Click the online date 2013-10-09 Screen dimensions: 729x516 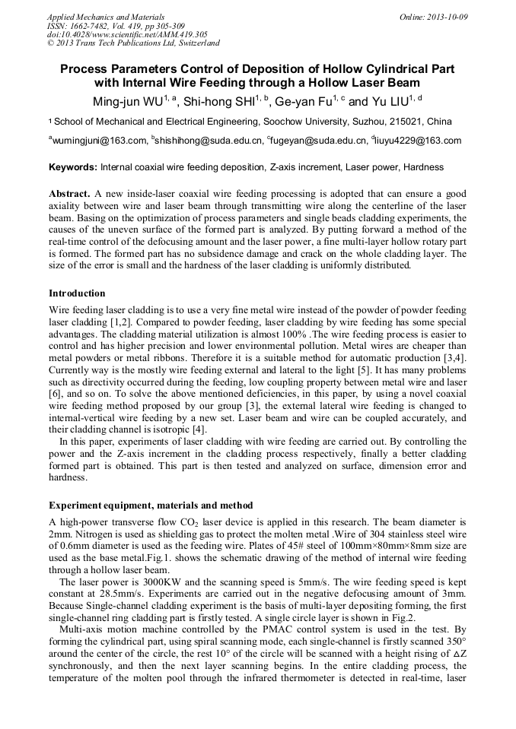tap(448, 16)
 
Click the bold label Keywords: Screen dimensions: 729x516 tap(73, 167)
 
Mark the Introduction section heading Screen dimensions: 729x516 tap(77, 293)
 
